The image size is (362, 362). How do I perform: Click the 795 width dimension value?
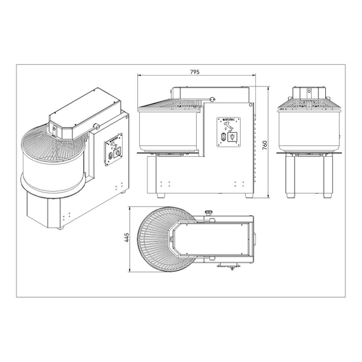click(195, 72)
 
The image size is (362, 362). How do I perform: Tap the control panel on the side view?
click(229, 132)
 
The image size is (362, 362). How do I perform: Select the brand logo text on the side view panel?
click(228, 119)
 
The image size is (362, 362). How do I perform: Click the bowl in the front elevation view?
click(307, 130)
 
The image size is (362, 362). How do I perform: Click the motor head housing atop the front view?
click(307, 95)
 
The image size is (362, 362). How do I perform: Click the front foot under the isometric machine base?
click(61, 227)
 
